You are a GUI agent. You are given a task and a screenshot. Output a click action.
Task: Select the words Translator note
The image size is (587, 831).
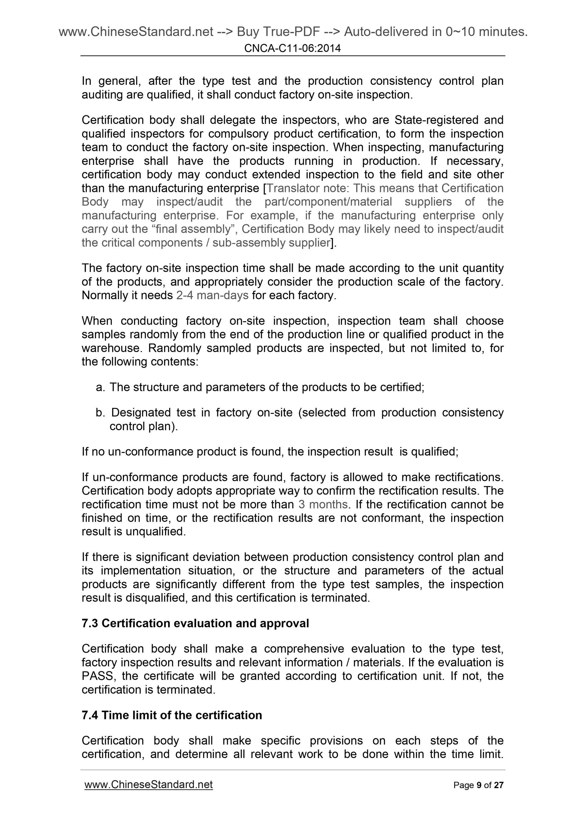(x=306, y=188)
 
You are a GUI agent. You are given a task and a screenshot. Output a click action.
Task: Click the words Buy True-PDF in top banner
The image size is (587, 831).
(x=278, y=32)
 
